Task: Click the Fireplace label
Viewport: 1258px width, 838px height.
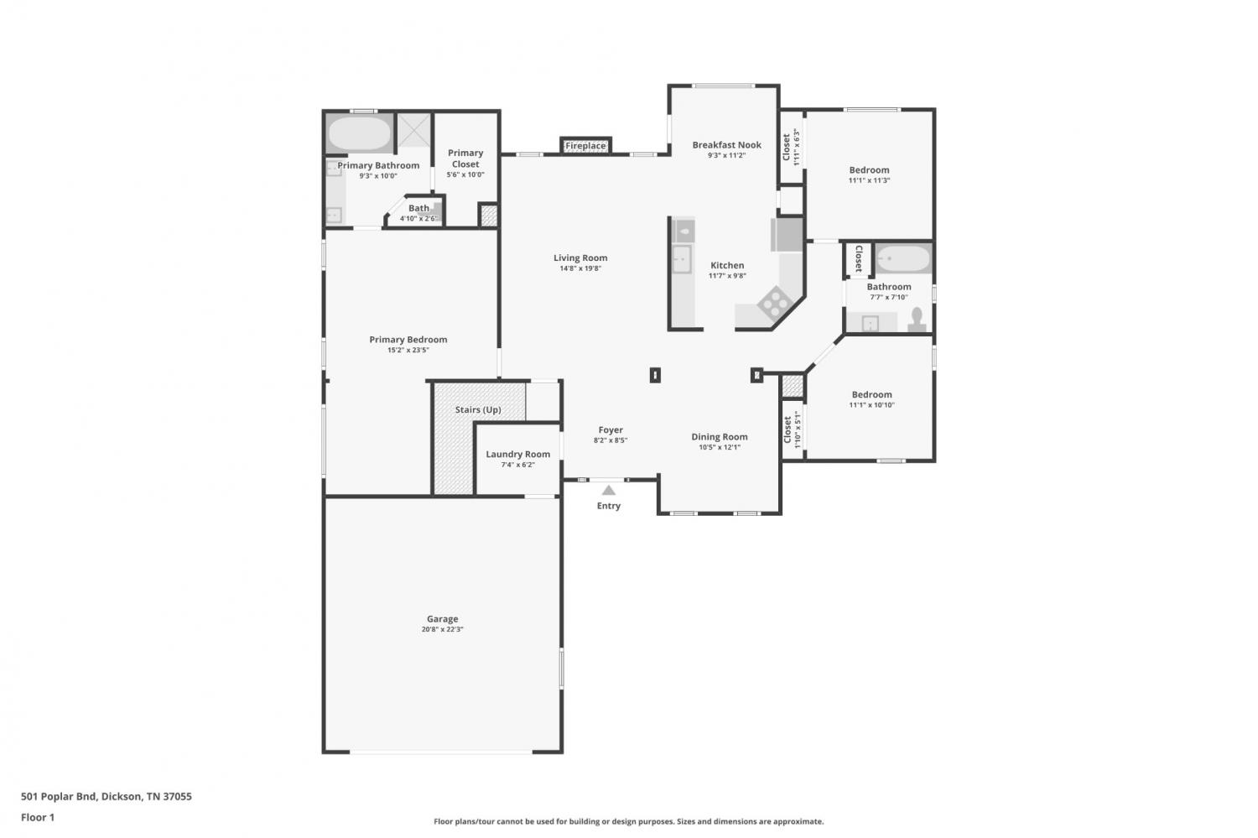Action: (585, 146)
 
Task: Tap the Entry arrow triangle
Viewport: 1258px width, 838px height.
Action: (609, 491)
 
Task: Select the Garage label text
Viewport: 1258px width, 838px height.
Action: (443, 618)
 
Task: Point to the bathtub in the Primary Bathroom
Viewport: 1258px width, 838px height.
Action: (360, 133)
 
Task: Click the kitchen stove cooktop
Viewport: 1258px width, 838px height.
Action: (775, 303)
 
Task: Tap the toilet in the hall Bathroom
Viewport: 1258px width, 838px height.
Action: (917, 319)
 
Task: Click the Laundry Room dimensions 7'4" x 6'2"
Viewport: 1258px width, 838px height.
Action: (517, 465)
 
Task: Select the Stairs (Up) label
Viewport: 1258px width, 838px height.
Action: (478, 409)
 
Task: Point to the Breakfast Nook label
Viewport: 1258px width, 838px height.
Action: (727, 145)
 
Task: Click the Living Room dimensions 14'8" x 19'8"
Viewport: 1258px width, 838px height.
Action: (580, 268)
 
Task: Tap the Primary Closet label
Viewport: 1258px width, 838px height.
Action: (465, 159)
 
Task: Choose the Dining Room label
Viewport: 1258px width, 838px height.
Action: (720, 436)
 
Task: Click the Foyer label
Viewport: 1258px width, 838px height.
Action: (611, 429)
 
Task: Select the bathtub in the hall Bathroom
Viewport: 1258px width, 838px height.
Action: (903, 259)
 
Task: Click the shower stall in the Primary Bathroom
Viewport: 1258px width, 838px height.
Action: (414, 131)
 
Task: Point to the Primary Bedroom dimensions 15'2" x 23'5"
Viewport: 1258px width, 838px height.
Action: (408, 350)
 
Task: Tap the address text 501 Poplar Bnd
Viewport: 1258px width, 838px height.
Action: (60, 796)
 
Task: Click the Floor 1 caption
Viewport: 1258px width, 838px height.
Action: (38, 817)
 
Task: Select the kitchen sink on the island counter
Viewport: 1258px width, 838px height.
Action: (683, 259)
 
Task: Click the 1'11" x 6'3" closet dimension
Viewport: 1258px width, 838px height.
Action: (797, 147)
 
